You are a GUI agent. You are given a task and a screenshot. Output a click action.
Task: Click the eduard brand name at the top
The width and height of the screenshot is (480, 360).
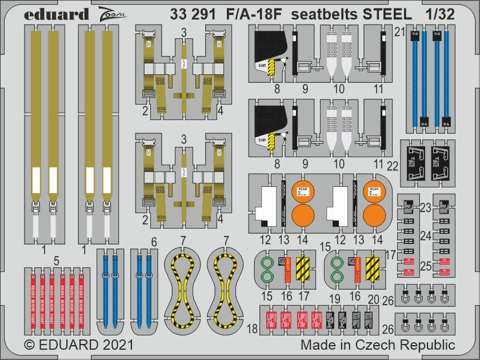click(56, 14)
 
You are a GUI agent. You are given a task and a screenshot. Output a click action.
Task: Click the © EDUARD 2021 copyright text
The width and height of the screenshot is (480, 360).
click(79, 345)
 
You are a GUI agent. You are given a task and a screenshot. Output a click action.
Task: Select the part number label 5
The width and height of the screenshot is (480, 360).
click(57, 260)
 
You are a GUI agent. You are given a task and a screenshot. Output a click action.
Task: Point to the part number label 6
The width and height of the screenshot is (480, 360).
click(154, 242)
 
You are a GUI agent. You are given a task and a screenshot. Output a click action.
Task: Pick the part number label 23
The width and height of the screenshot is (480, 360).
click(425, 209)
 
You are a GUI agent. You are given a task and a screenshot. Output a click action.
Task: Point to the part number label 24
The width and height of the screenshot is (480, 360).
click(425, 235)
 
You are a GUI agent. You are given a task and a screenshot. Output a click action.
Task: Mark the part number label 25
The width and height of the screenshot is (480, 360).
click(425, 265)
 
